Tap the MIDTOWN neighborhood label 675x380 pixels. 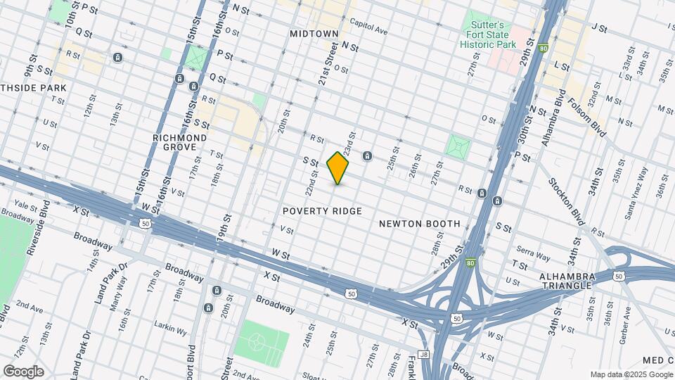[x=314, y=34]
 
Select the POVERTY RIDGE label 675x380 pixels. [x=322, y=211]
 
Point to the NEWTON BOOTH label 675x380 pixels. [x=419, y=224]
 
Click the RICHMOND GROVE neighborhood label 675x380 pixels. [x=180, y=143]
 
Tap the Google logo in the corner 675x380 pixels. [x=23, y=372]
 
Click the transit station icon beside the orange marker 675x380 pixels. [x=367, y=156]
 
